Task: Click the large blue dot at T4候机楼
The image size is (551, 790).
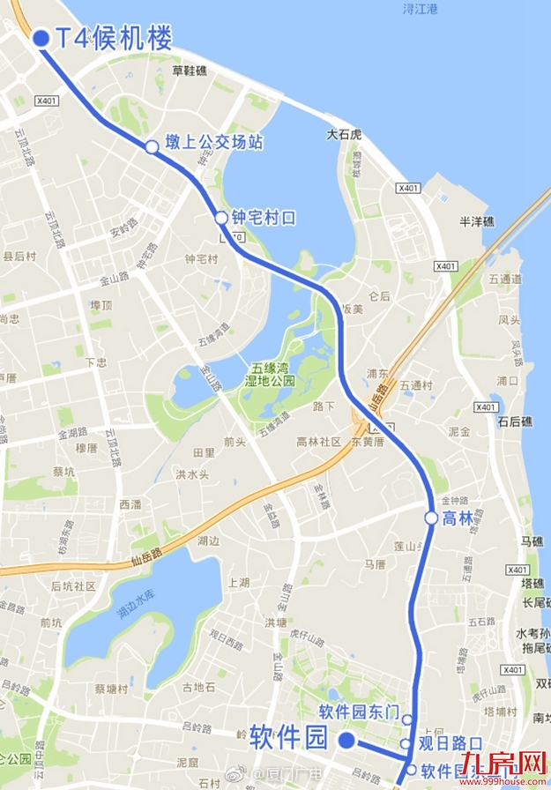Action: [x=40, y=38]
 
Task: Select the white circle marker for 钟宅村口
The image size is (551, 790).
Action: [x=222, y=218]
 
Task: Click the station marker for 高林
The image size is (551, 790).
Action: [x=431, y=518]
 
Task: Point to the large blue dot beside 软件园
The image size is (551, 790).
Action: [x=347, y=740]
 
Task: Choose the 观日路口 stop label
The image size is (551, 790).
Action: [x=450, y=742]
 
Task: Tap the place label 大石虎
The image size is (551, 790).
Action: [x=344, y=135]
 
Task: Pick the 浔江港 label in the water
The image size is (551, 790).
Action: [x=421, y=9]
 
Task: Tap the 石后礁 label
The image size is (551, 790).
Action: [x=515, y=421]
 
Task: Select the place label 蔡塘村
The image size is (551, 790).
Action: [x=112, y=689]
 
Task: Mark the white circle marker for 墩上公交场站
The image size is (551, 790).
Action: [x=152, y=146]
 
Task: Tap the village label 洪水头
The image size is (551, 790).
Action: [x=191, y=474]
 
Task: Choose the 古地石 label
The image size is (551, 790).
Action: [x=197, y=687]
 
